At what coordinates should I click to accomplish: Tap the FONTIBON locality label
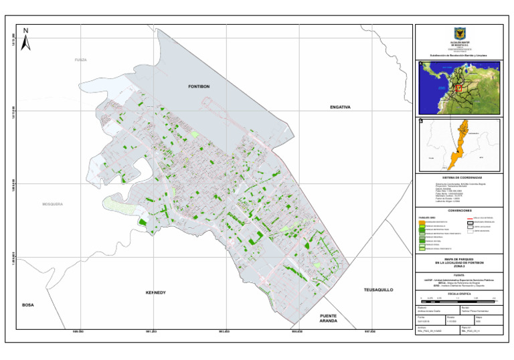[199, 87]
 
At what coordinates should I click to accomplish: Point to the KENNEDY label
[155, 293]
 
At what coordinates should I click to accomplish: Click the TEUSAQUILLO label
[379, 290]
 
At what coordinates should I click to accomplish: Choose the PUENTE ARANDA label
[328, 319]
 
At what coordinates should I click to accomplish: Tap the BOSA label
[27, 304]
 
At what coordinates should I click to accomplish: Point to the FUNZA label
[80, 60]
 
